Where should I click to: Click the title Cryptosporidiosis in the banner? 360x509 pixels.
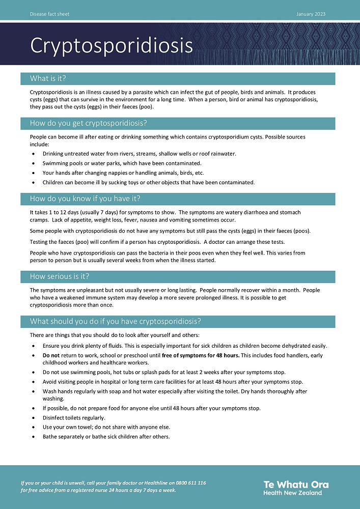112,45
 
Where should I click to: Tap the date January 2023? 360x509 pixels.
311,14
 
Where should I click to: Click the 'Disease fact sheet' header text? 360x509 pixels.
49,14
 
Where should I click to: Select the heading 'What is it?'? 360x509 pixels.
48,78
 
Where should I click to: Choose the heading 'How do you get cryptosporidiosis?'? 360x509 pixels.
88,123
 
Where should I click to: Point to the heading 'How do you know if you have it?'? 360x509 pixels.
85,199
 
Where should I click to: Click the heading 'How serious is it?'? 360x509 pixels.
60,276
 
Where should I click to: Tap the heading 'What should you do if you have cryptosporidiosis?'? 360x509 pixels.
116,321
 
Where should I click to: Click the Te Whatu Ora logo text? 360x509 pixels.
296,484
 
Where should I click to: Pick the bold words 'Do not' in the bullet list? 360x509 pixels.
51,355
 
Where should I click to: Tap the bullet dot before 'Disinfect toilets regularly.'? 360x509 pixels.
34,418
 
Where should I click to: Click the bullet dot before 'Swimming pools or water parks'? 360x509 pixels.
34,163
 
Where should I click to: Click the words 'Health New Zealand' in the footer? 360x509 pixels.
292,493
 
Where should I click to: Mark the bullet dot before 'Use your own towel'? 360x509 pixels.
34,427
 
